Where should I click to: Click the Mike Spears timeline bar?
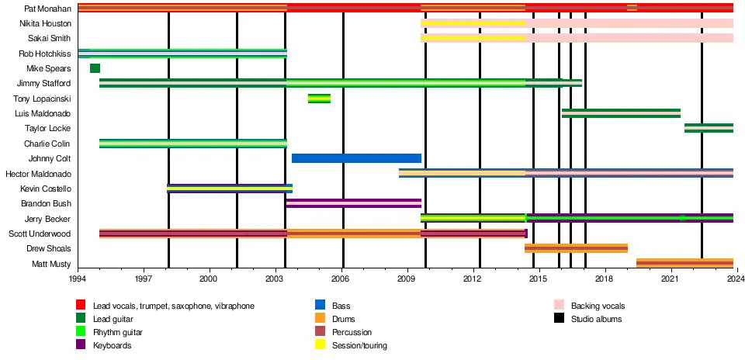tap(95, 68)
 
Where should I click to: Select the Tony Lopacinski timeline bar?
tap(319, 99)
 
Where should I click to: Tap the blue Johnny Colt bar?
tap(356, 158)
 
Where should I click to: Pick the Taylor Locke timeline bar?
tap(709, 128)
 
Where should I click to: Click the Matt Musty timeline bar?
tap(684, 263)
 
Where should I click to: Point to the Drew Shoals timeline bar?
tap(576, 248)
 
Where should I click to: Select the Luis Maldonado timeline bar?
tap(621, 113)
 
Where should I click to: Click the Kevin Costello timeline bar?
tap(230, 188)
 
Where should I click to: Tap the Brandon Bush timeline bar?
tap(353, 203)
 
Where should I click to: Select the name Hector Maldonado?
tap(38, 174)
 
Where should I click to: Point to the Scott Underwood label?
tap(40, 234)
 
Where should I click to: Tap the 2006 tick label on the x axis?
tap(341, 277)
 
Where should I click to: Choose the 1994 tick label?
tap(78, 277)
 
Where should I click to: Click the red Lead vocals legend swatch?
tap(81, 306)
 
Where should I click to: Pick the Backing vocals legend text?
tap(598, 306)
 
